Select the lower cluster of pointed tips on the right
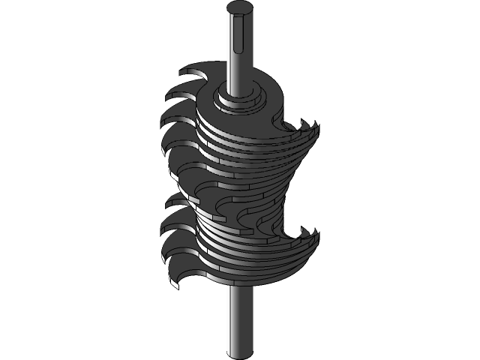pyautogui.click(x=307, y=237)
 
